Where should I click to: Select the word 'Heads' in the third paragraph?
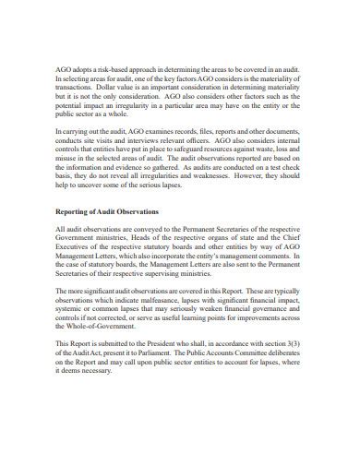(x=151, y=240)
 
